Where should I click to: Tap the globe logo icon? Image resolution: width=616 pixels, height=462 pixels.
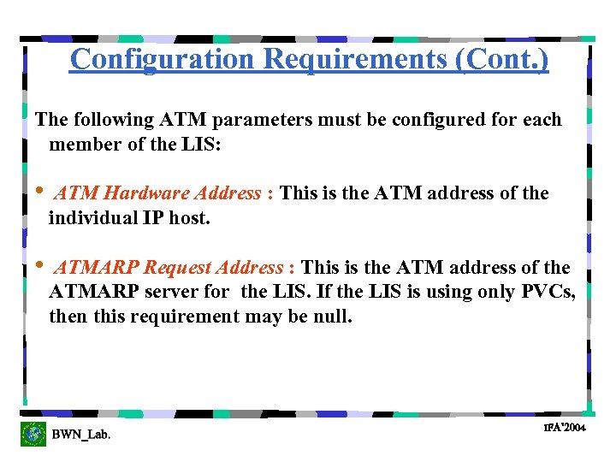point(33,434)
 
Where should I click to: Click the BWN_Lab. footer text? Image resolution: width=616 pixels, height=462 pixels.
point(80,435)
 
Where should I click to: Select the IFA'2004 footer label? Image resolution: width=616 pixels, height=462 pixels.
point(565,427)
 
